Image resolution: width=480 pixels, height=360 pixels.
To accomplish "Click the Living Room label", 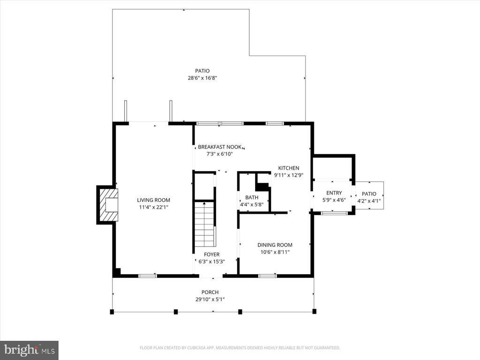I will pos(153,200).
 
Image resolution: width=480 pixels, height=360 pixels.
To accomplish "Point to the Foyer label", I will pos(209,255).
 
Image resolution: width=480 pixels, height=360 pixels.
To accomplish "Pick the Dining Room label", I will pos(275,245).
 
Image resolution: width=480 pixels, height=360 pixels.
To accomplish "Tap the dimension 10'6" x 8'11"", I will pos(275,252).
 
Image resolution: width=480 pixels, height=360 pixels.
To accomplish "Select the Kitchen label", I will pos(288,168).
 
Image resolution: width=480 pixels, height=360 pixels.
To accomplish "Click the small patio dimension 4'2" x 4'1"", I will pos(369,201).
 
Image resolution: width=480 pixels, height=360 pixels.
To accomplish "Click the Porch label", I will pos(210,292).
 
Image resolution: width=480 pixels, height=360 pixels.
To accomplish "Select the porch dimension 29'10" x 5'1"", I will pos(210,300).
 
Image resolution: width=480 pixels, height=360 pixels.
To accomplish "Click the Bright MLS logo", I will pos(29,350).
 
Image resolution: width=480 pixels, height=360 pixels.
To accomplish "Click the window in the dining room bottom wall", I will pos(268,276).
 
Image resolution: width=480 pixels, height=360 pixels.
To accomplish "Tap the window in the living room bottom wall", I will pos(147,276).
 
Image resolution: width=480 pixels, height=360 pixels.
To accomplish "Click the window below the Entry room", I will pos(334,213).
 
